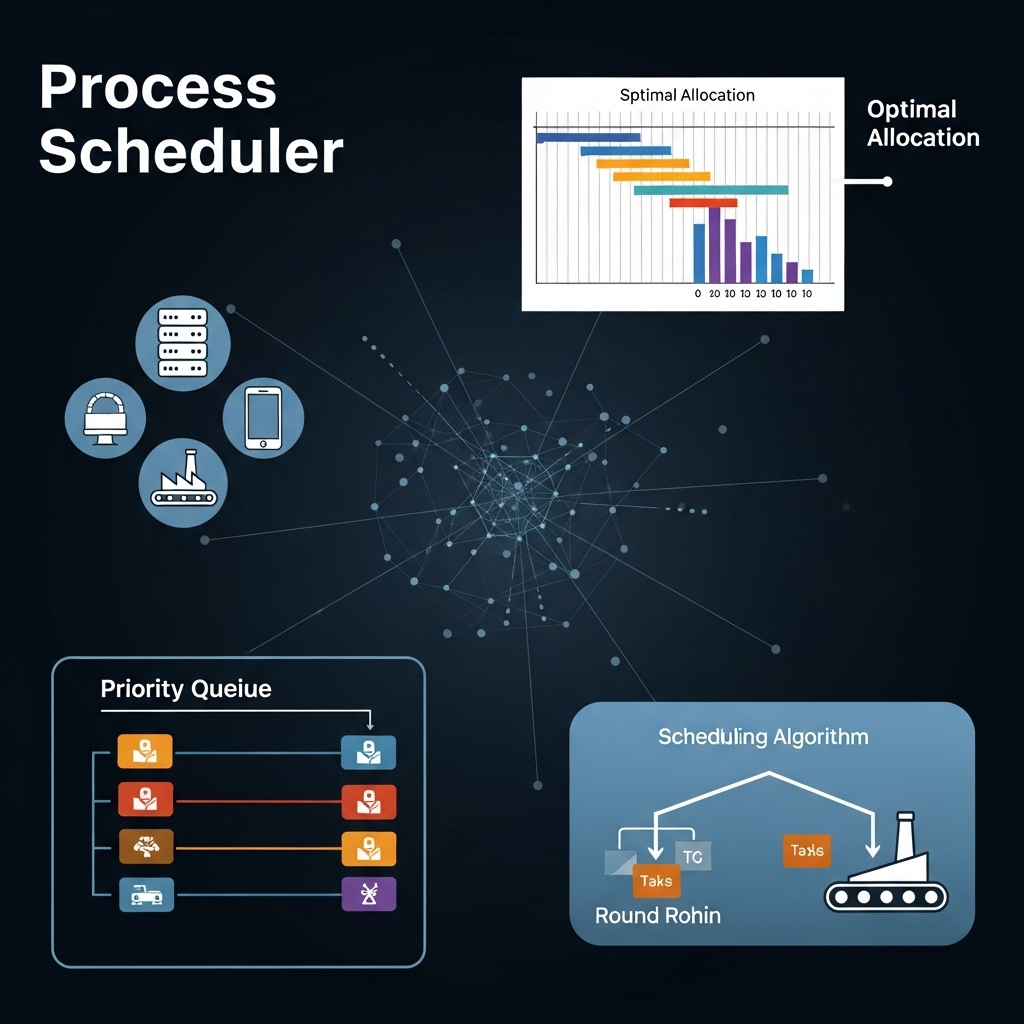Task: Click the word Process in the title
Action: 158,89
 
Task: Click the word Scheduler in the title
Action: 191,153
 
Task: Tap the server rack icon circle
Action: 182,343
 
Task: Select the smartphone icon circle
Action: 262,417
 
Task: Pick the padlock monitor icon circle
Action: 105,417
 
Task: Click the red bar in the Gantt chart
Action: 702,203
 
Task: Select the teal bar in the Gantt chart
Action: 710,189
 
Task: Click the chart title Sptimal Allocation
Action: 687,96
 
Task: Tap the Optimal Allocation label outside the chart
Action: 922,123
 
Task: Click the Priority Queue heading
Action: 186,689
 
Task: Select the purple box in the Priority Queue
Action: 368,894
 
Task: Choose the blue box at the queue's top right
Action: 368,751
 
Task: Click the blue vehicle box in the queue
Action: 146,894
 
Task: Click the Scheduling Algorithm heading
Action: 762,738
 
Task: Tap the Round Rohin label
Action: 657,915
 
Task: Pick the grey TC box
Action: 693,855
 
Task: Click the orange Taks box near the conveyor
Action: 806,851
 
